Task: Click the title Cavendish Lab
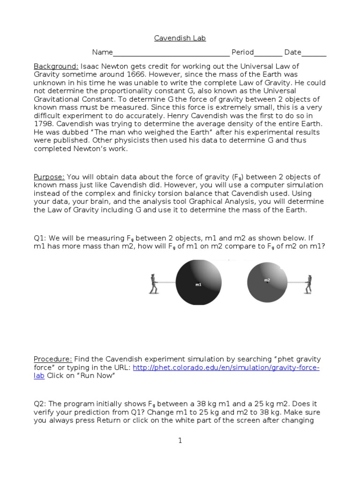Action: (180, 38)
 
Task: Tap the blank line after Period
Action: (268, 52)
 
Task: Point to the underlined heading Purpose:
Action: (49, 177)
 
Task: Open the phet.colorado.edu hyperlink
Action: (226, 367)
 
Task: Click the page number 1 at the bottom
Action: (180, 440)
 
